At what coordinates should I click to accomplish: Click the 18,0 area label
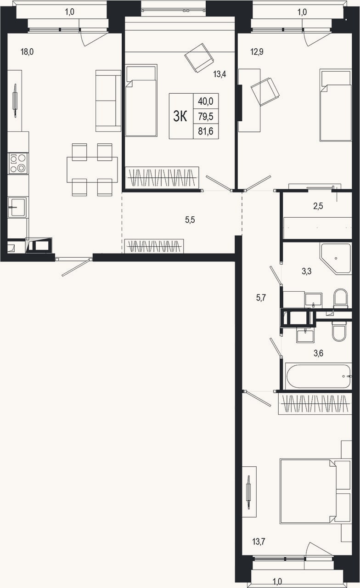tap(27, 52)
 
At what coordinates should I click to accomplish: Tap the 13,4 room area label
tap(219, 74)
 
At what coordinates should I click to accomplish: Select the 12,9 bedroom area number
tap(257, 52)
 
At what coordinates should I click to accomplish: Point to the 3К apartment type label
tap(180, 116)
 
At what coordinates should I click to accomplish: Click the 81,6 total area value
tap(206, 131)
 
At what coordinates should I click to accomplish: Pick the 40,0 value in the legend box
tap(206, 101)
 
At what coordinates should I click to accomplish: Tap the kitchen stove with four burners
tap(18, 163)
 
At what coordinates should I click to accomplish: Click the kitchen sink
tap(17, 207)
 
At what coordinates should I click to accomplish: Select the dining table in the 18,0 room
tap(92, 170)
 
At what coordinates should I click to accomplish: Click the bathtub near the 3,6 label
tap(319, 376)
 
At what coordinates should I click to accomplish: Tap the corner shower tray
tap(335, 259)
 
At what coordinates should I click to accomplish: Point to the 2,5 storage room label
tap(318, 206)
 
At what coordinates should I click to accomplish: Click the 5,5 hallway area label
tap(190, 220)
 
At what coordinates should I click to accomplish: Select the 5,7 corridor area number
tap(261, 298)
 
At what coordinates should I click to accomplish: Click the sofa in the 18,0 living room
tap(108, 101)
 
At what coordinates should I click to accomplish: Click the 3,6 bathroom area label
tap(318, 353)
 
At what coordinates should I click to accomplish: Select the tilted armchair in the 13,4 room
tap(199, 58)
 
